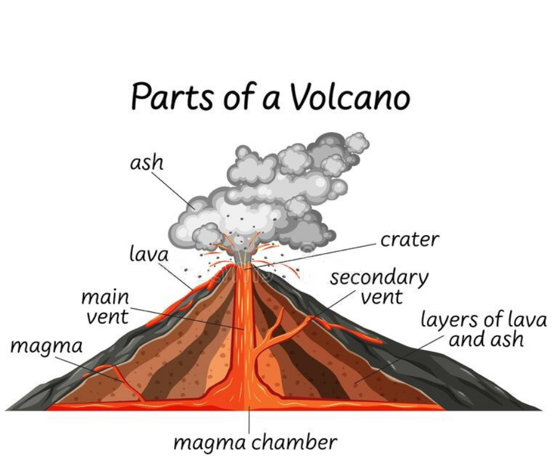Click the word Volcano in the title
pos(350,96)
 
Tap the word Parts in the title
pos(172,96)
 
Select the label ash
pos(146,163)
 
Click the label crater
pos(410,240)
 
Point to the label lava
pos(149,254)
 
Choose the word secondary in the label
pos(379,278)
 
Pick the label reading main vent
pos(106,307)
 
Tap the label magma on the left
pos(46,347)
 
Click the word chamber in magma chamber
pos(294,442)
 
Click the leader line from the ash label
pos(173,190)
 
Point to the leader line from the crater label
pos(310,256)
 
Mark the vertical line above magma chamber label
pos(249,420)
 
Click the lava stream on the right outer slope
pos(347,330)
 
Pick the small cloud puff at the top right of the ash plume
pos(357,142)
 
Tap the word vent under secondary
pos(382,297)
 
